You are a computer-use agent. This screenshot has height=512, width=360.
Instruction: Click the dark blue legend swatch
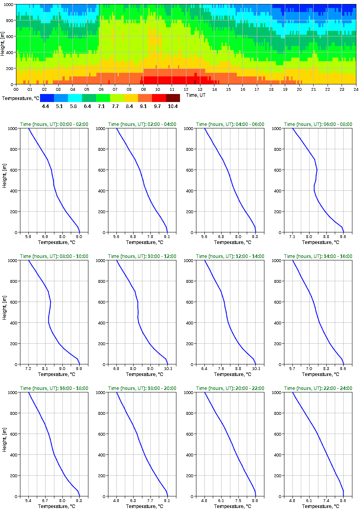click(x=47, y=98)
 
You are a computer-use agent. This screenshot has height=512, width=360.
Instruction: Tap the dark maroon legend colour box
click(x=173, y=98)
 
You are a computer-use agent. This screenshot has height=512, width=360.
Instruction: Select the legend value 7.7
click(x=116, y=106)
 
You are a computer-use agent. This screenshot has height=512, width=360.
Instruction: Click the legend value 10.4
click(x=173, y=106)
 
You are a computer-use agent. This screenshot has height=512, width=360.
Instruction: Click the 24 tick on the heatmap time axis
click(x=356, y=89)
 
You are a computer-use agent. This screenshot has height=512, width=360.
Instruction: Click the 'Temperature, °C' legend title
click(x=20, y=98)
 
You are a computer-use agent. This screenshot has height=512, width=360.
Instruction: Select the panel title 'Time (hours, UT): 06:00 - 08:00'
click(x=318, y=124)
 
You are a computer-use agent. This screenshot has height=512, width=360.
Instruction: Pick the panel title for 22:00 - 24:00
click(x=318, y=388)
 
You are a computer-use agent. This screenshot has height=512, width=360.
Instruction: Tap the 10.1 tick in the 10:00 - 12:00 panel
click(x=168, y=368)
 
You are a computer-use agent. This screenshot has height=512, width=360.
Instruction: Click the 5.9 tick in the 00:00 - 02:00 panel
click(x=28, y=236)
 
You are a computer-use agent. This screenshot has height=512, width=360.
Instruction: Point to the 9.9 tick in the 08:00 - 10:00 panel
click(x=79, y=368)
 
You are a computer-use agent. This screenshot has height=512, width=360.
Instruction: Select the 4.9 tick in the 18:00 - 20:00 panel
click(x=116, y=500)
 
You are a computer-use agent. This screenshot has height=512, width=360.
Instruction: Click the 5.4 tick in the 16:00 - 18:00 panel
click(x=28, y=500)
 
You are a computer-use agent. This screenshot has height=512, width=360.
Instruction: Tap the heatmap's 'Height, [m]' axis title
click(x=3, y=44)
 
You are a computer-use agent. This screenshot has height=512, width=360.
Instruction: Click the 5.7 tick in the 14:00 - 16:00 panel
click(x=292, y=368)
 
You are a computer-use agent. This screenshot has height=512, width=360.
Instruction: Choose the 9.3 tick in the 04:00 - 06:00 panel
click(x=255, y=236)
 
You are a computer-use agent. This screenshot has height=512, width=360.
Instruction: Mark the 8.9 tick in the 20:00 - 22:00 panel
click(x=255, y=500)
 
